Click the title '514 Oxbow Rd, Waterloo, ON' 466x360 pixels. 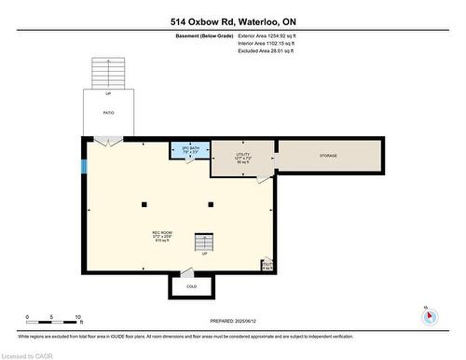coord(233,21)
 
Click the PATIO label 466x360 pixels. coord(108,112)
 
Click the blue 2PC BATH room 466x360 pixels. coord(189,149)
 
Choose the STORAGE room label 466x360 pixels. coord(328,155)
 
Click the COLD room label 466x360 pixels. coord(191,286)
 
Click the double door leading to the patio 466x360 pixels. coord(108,142)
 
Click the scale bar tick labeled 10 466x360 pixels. coord(79,317)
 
